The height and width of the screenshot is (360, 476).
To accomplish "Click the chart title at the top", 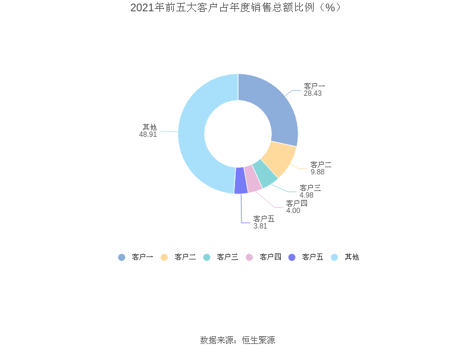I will (x=237, y=8).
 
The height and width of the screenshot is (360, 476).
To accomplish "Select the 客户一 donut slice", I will (x=274, y=107).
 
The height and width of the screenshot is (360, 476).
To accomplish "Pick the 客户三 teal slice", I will (x=265, y=173).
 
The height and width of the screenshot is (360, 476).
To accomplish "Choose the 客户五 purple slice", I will (x=241, y=181).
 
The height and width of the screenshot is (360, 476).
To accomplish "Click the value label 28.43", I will (x=312, y=94).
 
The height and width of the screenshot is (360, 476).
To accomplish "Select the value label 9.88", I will (x=318, y=172).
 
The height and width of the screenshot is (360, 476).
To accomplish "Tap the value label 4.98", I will (x=306, y=195).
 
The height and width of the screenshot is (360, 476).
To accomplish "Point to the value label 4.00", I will (x=293, y=211).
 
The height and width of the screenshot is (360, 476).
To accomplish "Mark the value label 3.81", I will (x=261, y=226).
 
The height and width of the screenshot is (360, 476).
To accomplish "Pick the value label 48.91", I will (x=148, y=134).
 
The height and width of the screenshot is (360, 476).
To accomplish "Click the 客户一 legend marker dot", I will (x=122, y=257).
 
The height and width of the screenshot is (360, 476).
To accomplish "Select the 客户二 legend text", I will (x=185, y=257).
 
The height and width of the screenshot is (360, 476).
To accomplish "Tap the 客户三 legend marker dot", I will (x=207, y=257).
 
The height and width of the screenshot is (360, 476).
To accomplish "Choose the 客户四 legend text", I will (x=270, y=257).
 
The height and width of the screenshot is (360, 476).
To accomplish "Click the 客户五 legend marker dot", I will (x=292, y=257).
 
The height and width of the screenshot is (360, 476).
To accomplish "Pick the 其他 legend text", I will (x=352, y=257).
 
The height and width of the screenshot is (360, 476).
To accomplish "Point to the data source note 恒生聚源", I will (x=258, y=340).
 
